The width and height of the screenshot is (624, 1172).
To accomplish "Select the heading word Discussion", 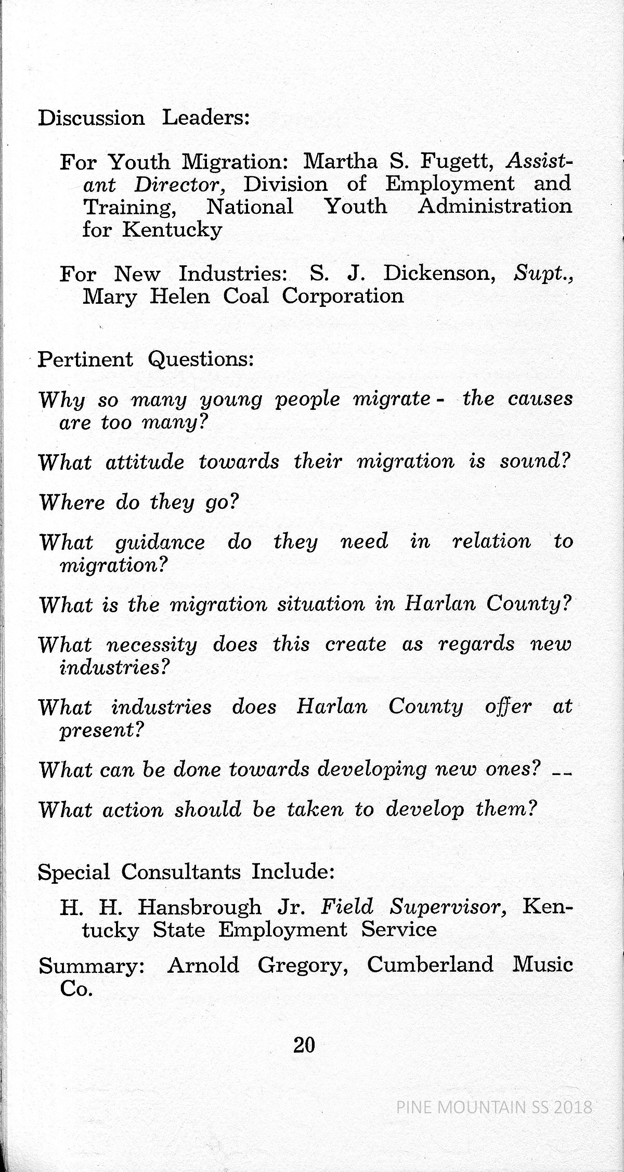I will click(92, 118).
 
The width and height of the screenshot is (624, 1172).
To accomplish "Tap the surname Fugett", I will click(458, 162).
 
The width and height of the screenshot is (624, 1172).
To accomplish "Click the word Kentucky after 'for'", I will click(172, 229).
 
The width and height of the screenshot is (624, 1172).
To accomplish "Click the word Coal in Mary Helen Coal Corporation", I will click(246, 297).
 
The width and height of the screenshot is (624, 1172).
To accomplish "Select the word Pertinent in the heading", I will click(86, 359).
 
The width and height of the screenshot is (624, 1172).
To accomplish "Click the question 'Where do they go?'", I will click(138, 503).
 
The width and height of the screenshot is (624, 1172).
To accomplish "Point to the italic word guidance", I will click(160, 543).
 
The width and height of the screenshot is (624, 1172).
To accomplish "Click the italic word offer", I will click(508, 707).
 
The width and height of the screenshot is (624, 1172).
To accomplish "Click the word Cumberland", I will click(430, 965).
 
